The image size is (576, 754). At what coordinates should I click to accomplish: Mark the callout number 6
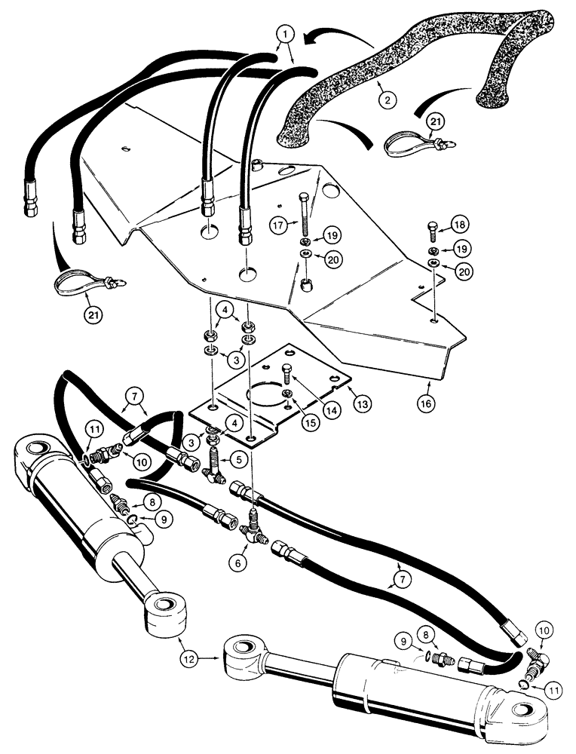(240, 561)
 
